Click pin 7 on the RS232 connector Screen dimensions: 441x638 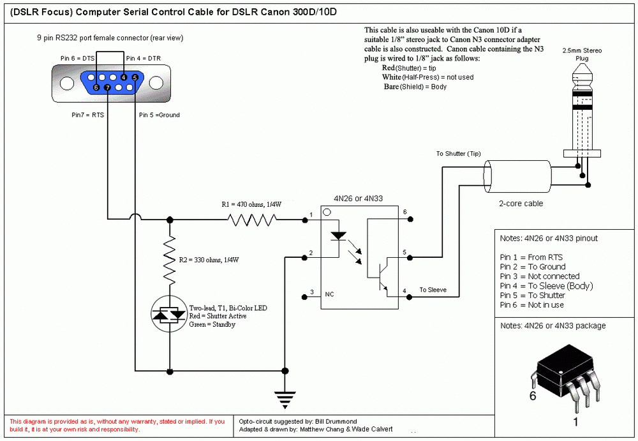point(108,87)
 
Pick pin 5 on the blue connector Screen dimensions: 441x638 point(135,77)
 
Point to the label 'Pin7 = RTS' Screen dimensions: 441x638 point(88,116)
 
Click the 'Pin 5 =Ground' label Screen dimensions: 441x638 point(159,116)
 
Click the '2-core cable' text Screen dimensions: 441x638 point(521,204)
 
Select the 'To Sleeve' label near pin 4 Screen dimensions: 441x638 point(433,290)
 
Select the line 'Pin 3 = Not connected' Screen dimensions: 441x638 point(540,276)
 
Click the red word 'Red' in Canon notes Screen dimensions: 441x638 point(388,68)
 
